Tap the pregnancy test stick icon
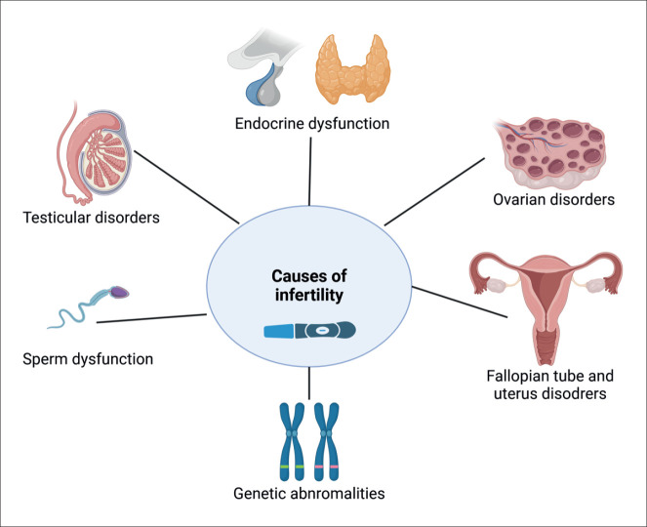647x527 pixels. pos(308,331)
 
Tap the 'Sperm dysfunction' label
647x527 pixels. pos(88,359)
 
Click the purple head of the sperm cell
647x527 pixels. pos(118,290)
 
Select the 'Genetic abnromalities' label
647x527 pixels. pos(308,492)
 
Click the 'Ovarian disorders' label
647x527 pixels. pos(553,201)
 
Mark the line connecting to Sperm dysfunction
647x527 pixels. pos(151,318)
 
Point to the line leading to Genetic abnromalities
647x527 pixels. pos(308,382)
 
